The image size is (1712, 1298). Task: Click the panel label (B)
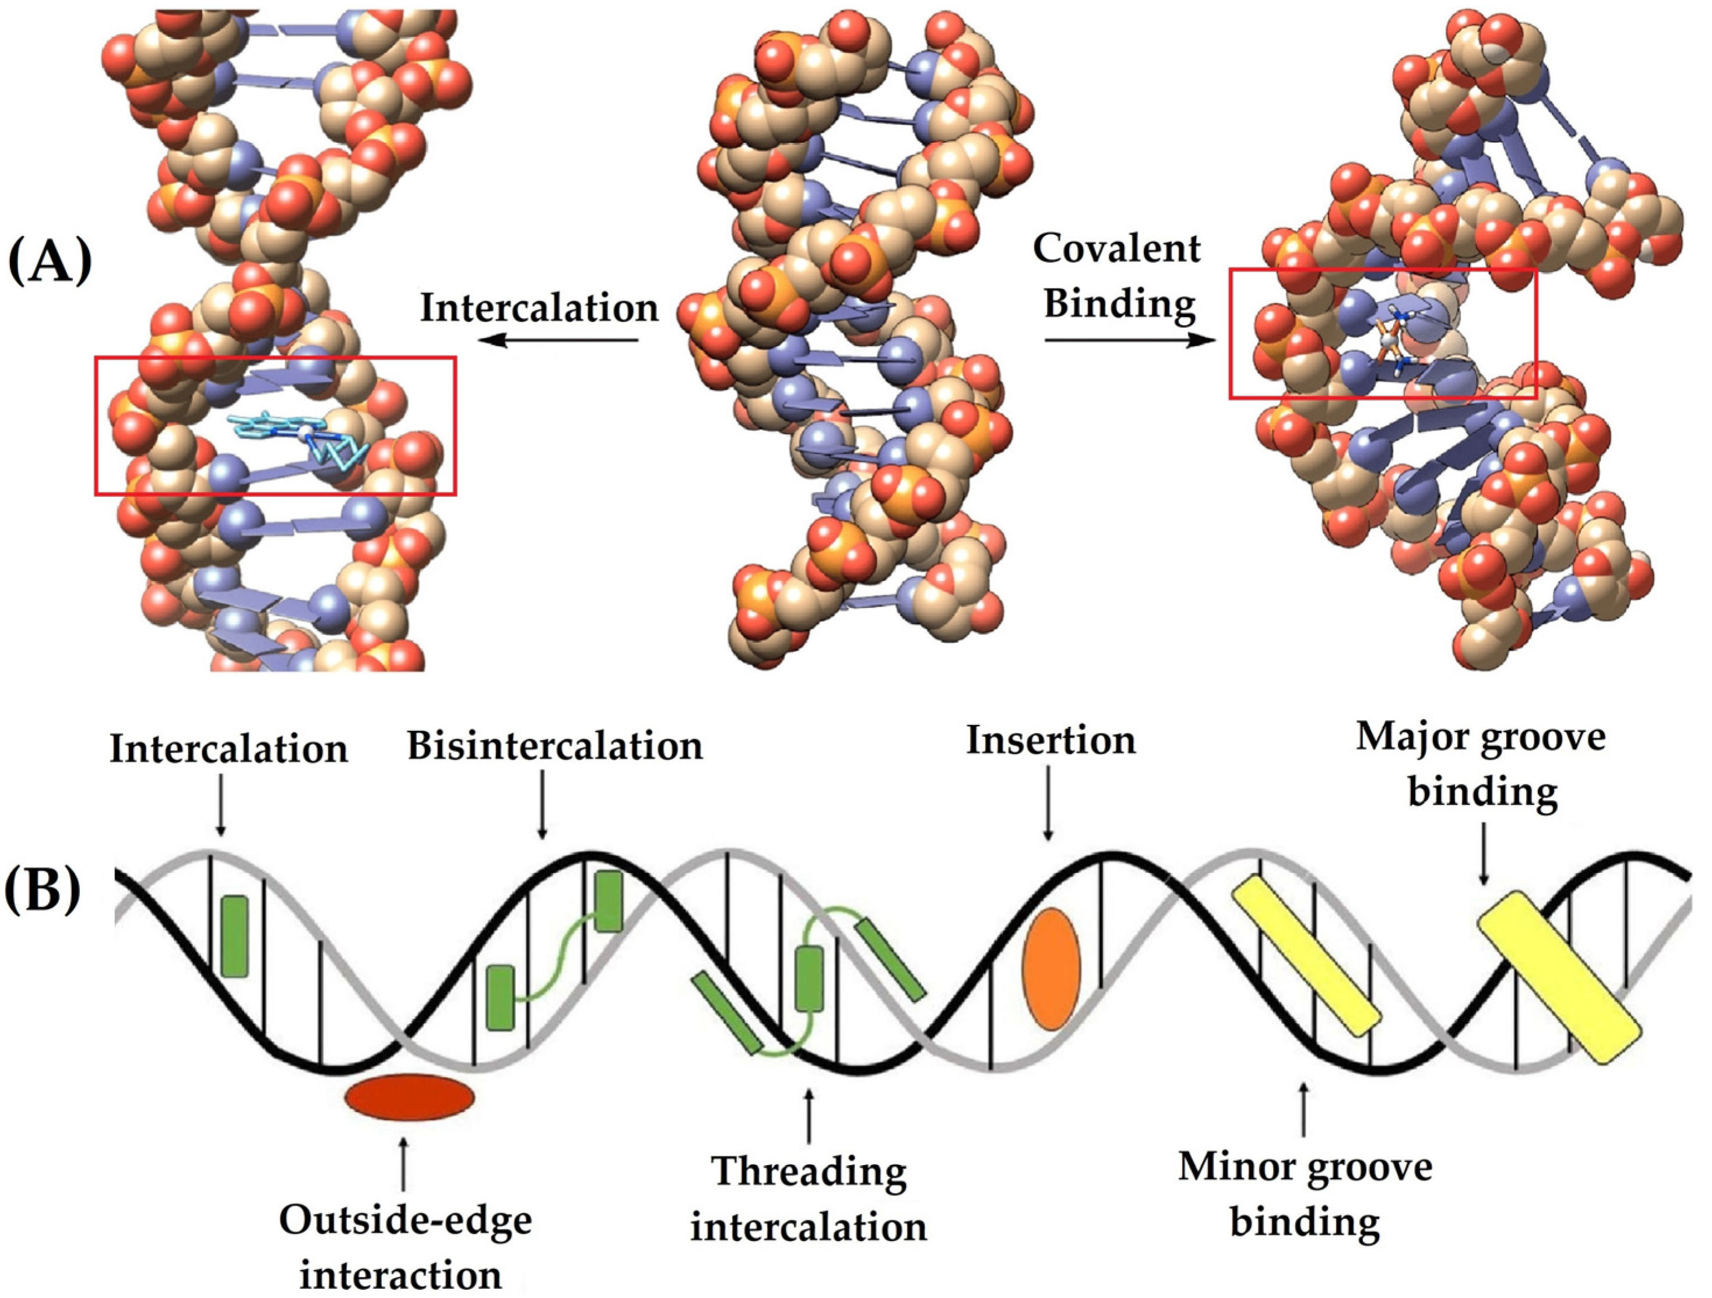[43, 890]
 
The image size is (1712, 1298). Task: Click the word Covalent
[1117, 249]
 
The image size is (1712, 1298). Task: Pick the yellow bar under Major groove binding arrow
[1559, 976]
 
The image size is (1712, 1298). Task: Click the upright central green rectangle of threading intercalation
[810, 979]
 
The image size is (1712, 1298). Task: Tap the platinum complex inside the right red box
[1389, 340]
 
